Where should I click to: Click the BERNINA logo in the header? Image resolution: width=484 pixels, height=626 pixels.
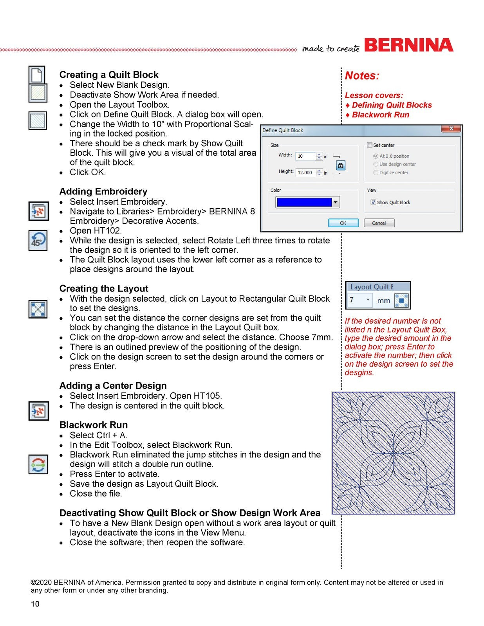coord(408,45)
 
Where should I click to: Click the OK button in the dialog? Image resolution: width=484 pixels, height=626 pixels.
coord(343,223)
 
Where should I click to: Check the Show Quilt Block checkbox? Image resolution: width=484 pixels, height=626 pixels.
coord(373,202)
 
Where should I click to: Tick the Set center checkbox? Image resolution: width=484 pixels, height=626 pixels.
coord(369,145)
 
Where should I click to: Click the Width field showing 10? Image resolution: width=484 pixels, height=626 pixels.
coord(305,156)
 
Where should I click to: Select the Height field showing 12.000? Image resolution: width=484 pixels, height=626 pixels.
coord(305,173)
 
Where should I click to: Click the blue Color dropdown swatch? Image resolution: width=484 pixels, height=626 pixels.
coord(307,202)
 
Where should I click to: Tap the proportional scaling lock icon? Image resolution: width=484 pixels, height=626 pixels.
coord(341,165)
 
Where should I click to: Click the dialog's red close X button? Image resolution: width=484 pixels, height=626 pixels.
coord(451,129)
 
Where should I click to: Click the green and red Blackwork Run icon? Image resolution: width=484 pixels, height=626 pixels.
coord(38,464)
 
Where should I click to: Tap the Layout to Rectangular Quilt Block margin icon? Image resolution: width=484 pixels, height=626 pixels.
coord(38,309)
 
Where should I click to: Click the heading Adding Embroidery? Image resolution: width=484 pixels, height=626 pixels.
coord(103,191)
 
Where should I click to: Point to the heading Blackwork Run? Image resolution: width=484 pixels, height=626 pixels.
coord(94,425)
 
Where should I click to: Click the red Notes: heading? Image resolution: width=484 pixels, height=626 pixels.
coord(362,76)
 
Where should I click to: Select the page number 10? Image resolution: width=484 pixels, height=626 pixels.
coord(35,604)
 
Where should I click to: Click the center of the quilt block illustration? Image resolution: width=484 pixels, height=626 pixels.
coord(393,453)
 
